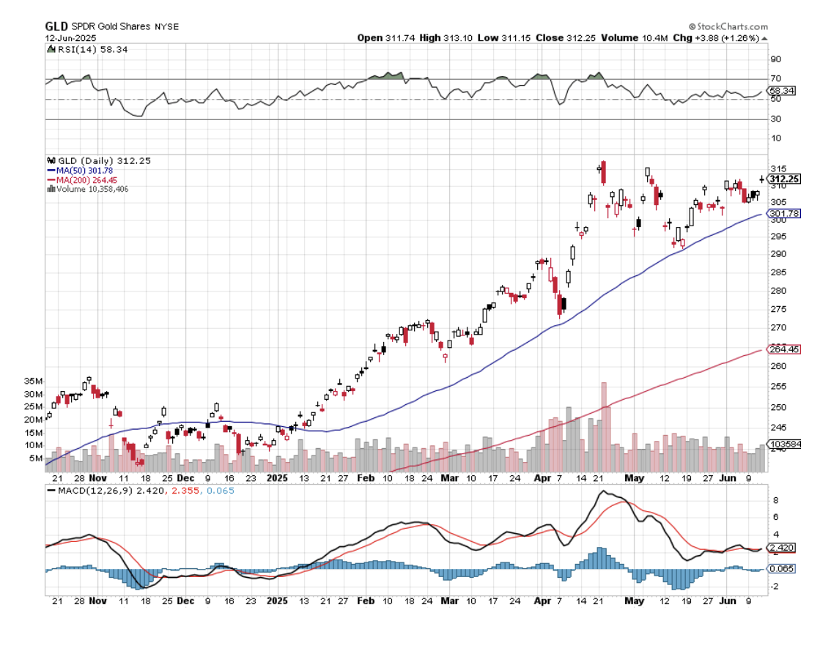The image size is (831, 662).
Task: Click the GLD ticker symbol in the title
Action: coord(56,26)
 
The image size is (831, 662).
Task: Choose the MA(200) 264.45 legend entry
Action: coord(83,179)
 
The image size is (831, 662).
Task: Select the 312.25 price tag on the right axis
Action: coord(784,179)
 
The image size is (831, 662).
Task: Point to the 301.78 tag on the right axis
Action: coord(783,213)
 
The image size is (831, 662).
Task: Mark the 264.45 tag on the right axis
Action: coord(783,349)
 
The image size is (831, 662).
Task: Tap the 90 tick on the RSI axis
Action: coord(775,59)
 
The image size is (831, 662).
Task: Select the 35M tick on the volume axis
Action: coord(34,382)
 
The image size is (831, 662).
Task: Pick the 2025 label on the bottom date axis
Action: coord(277,600)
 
